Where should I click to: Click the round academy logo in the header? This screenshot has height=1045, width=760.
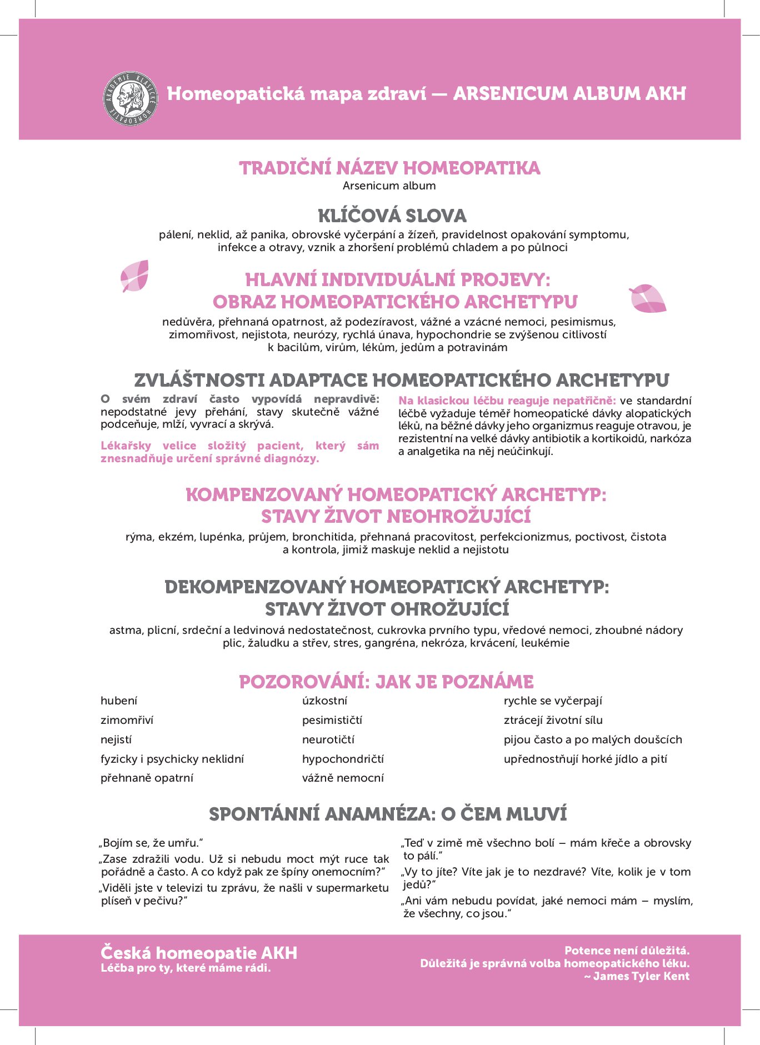pos(131,98)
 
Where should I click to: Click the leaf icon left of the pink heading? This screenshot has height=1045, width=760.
pos(135,276)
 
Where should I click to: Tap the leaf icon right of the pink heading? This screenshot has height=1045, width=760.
pos(647,298)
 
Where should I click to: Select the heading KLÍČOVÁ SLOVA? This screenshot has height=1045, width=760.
pos(392,216)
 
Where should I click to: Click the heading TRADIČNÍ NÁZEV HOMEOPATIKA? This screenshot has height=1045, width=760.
pos(389,168)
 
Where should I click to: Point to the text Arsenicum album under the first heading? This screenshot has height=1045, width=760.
pos(389,186)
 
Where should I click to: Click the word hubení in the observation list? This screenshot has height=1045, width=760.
pos(119,701)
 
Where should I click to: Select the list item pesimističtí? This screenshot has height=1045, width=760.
pos(332,721)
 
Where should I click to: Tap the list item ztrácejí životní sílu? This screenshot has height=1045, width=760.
pos(553,721)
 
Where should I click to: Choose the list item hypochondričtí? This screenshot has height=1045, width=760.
pos(343,759)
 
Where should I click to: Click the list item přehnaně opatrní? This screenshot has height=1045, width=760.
pos(147,778)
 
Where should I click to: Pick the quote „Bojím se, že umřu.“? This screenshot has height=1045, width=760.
pos(151,843)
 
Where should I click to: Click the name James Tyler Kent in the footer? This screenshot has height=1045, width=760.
pos(641,976)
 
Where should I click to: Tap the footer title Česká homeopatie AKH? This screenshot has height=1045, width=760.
pos(199,953)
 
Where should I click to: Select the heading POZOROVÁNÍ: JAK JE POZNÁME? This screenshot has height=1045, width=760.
pos(386,682)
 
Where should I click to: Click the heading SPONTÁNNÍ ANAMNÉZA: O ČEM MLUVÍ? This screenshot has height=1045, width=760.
pos(388,814)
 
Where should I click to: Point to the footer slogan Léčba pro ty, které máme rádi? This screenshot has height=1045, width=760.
pos(186,968)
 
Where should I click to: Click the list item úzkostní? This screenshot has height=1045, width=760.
pos(324,701)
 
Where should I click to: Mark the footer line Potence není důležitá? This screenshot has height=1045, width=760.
pos(627,951)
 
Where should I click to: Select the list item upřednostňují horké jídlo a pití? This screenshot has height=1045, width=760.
pos(585,759)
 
